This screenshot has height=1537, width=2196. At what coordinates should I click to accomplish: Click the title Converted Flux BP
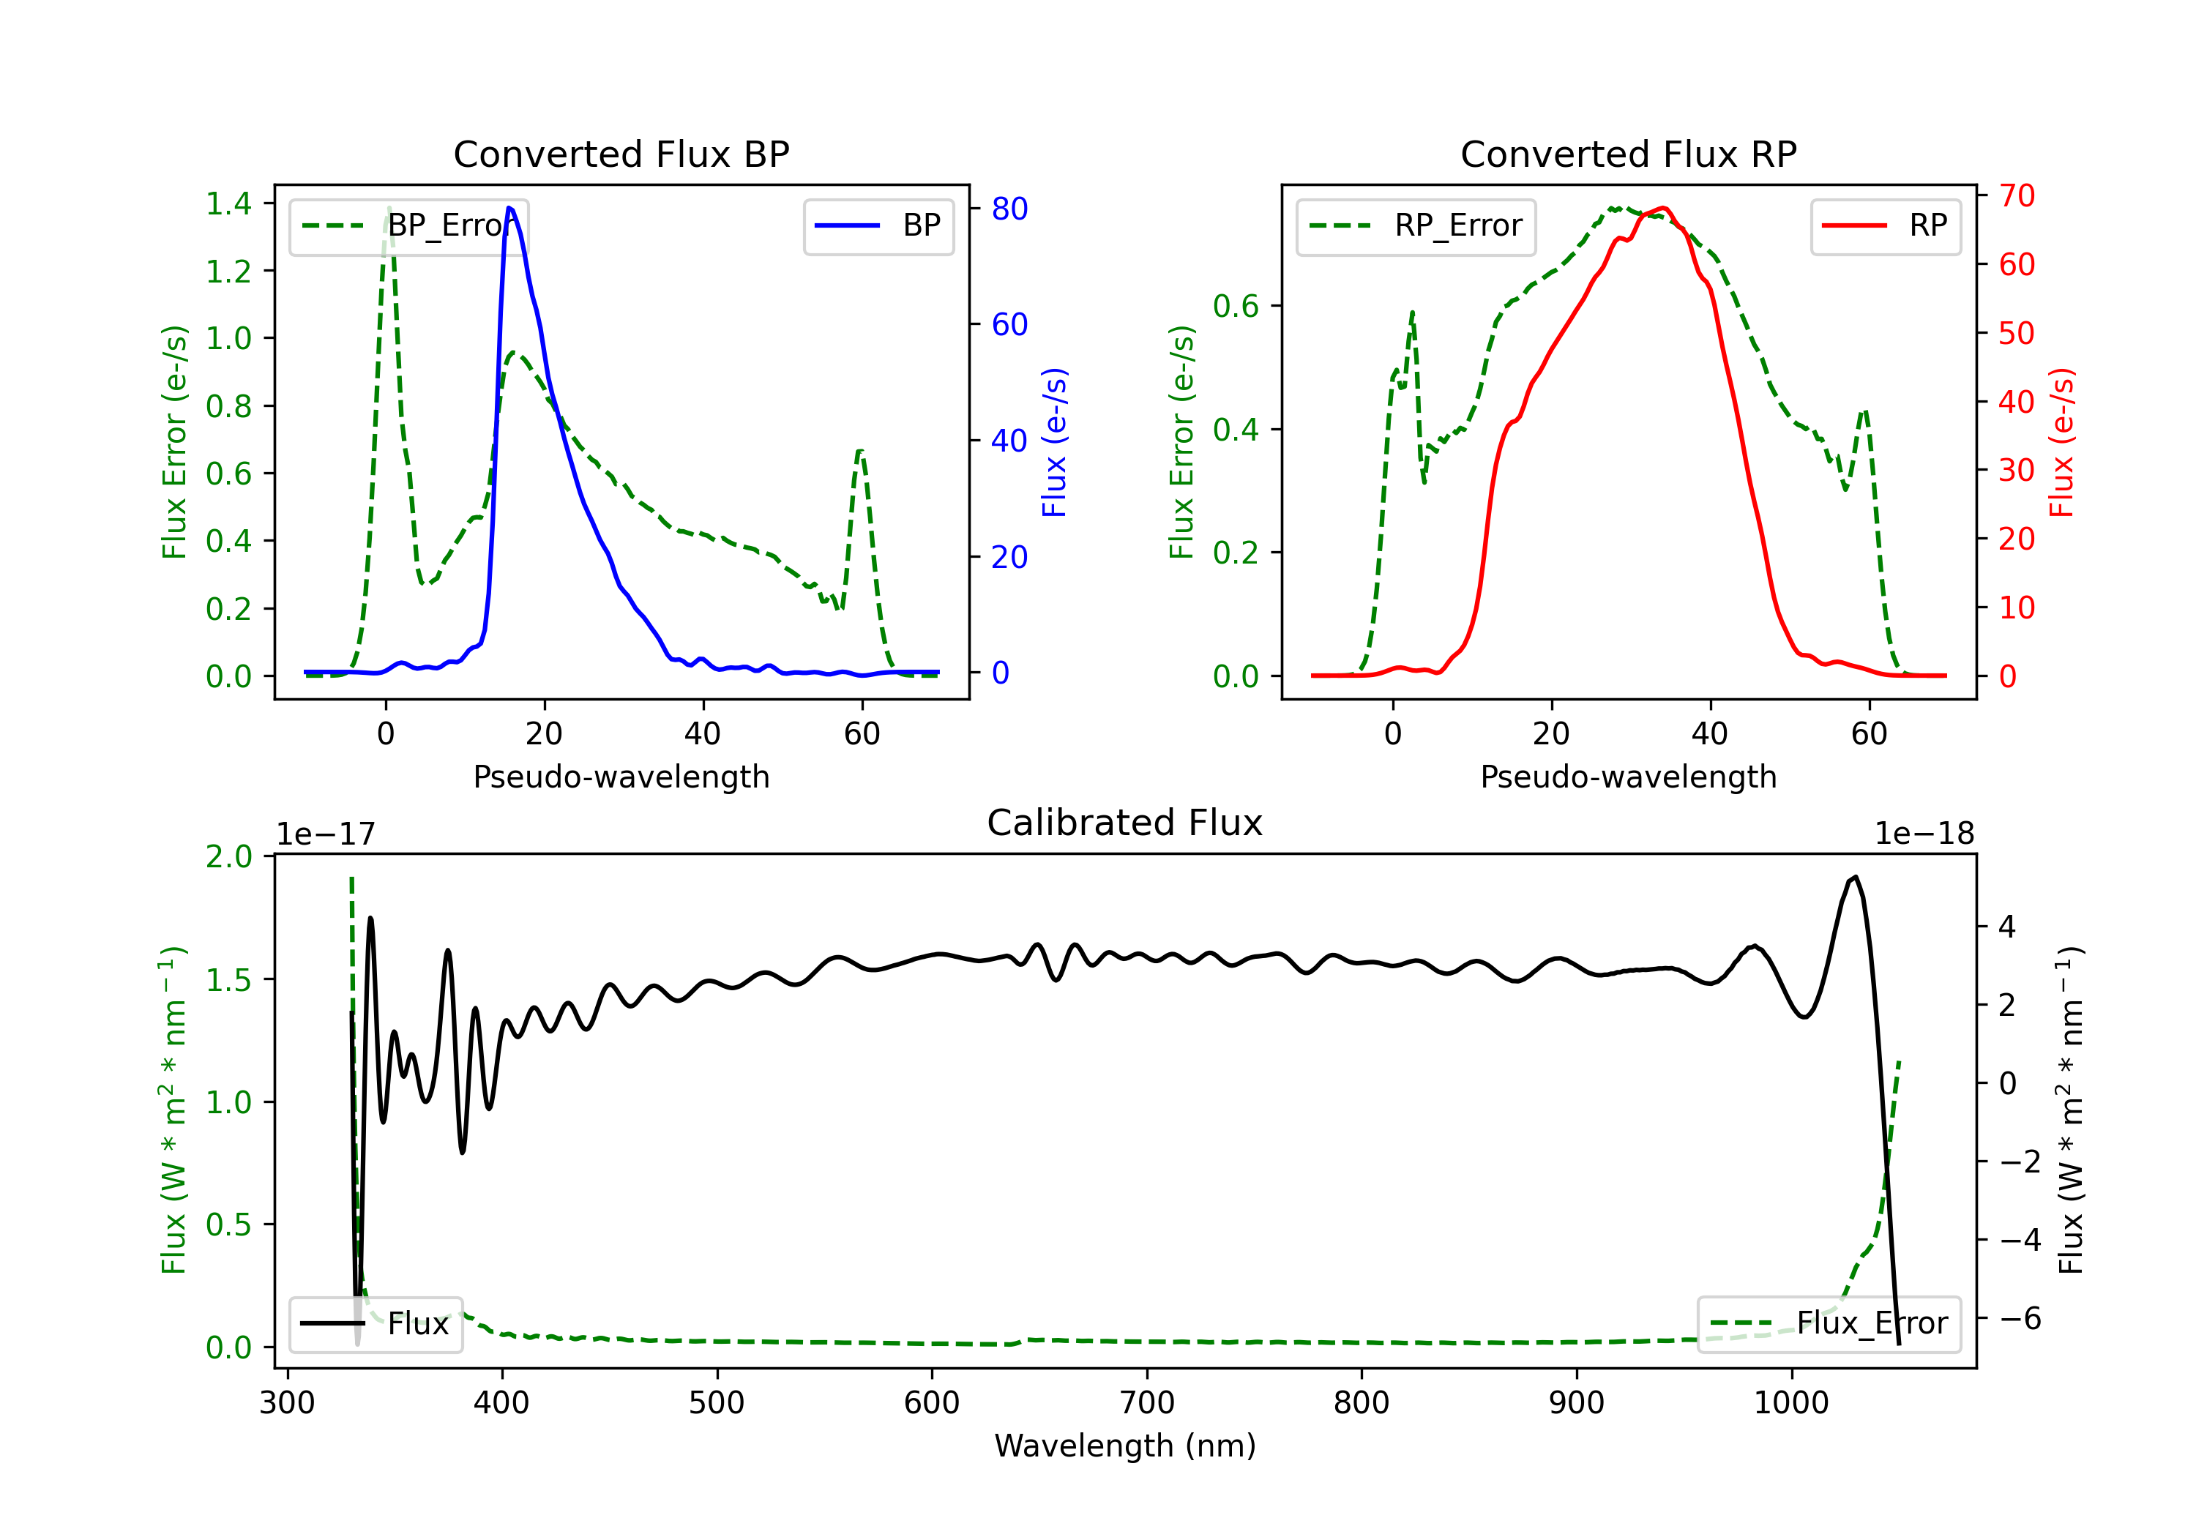click(x=621, y=154)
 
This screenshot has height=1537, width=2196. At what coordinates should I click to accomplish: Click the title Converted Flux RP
click(x=1628, y=154)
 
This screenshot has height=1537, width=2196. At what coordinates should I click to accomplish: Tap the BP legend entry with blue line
click(x=878, y=225)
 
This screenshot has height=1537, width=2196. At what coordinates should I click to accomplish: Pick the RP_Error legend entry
click(x=1416, y=225)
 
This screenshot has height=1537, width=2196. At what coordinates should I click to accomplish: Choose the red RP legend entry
click(x=1885, y=225)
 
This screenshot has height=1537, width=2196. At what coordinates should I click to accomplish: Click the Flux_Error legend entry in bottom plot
click(x=1828, y=1324)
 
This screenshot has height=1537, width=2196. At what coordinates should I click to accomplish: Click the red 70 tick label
click(x=2016, y=196)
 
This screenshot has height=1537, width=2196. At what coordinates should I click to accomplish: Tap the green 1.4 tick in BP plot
click(x=228, y=203)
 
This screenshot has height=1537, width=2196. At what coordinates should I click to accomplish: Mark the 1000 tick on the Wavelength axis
click(x=1790, y=1403)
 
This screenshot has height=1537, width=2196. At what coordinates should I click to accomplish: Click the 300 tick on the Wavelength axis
click(x=287, y=1403)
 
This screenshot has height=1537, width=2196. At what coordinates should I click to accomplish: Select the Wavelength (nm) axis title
click(x=1125, y=1446)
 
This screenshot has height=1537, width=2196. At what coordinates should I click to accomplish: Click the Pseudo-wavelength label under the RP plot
click(x=1628, y=777)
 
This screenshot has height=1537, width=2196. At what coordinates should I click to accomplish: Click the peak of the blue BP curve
click(x=509, y=208)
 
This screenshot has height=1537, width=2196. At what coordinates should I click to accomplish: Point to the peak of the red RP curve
click(x=1663, y=208)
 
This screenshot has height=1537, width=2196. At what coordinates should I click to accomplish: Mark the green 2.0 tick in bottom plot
click(x=228, y=856)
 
